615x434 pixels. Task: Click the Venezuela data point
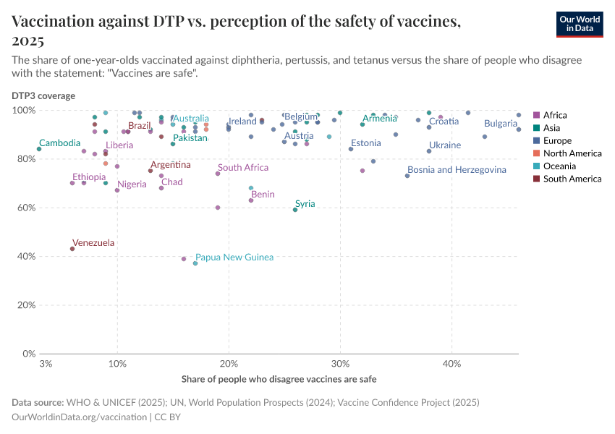pos(72,249)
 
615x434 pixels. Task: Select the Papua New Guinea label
pos(234,258)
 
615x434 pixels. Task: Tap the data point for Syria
pos(295,210)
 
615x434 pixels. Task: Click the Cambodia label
pos(59,143)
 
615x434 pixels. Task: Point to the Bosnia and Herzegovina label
pos(457,170)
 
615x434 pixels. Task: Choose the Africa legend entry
pos(555,115)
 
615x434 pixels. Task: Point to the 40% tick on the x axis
pos(451,363)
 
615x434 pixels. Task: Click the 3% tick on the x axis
pos(46,363)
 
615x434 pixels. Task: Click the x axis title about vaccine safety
pos(278,379)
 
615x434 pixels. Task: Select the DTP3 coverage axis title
pos(43,95)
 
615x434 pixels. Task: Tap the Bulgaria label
pos(501,124)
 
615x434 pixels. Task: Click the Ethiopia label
pos(88,177)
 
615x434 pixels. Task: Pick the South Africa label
pos(243,168)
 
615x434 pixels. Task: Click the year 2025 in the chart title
pos(28,40)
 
